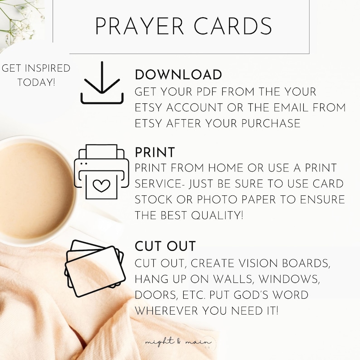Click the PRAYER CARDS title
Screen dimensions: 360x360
[183, 26]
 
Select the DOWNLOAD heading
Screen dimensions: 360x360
[178, 75]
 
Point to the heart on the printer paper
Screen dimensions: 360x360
[103, 185]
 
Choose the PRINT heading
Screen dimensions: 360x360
[155, 152]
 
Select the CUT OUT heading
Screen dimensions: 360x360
[165, 247]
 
